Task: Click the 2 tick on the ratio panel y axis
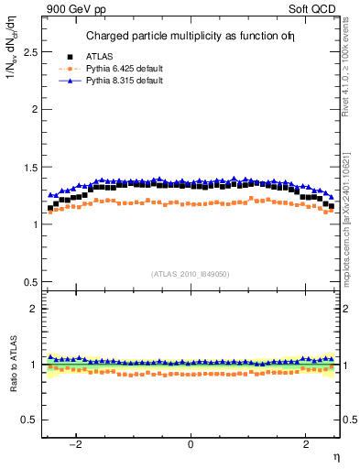tap(32, 309)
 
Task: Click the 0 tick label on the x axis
tap(191, 444)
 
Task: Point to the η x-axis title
tap(335, 457)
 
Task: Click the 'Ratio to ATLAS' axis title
tap(10, 365)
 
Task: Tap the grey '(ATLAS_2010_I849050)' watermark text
tap(191, 273)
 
